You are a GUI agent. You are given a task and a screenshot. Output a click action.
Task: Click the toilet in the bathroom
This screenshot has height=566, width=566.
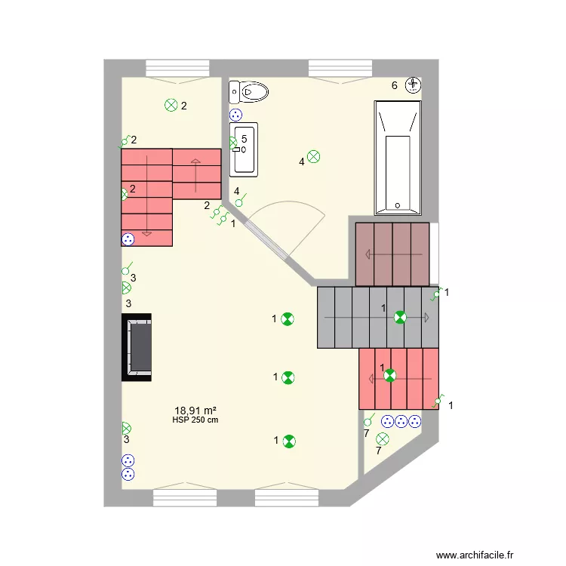point(249,93)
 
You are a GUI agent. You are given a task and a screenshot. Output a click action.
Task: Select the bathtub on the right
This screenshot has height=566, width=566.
point(398,157)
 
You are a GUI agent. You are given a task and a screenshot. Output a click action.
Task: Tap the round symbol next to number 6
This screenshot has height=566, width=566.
point(414,85)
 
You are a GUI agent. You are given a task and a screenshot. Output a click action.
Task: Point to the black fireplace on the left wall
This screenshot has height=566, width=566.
point(137,348)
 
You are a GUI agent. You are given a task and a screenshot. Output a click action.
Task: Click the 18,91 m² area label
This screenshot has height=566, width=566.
point(195,411)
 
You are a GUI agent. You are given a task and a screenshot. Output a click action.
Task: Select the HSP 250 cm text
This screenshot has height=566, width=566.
point(195,420)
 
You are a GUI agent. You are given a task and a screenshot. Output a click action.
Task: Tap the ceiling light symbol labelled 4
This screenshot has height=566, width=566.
point(313,157)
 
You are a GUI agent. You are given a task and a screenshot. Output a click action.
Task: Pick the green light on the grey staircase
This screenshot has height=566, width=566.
point(400,318)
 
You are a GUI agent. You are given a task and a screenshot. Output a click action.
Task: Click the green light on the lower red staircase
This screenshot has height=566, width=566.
point(389,375)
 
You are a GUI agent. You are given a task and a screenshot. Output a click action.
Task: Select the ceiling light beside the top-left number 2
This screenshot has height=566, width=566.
point(171,106)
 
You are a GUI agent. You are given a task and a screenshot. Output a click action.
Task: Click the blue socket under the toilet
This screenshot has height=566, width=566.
point(235,115)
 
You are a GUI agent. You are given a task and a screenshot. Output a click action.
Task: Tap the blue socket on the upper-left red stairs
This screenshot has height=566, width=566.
point(128,239)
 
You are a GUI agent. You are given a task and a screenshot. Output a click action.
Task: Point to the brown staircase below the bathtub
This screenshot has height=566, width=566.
point(392,254)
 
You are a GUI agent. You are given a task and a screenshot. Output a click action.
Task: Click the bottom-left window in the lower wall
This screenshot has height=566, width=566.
point(184,497)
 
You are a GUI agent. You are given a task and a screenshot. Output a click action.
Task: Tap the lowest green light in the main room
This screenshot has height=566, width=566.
point(289,441)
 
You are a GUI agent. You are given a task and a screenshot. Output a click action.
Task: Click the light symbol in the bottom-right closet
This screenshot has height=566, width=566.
point(383,438)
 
